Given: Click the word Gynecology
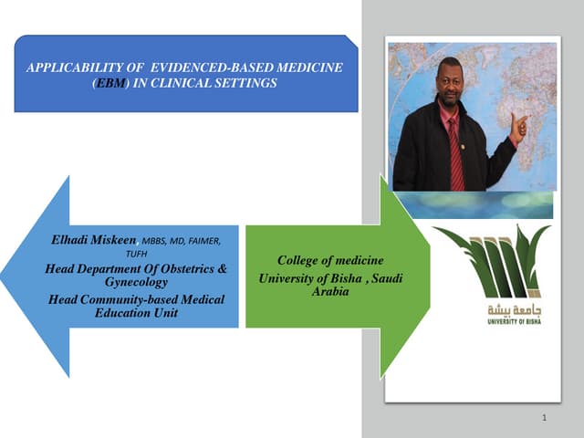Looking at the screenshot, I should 137,284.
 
